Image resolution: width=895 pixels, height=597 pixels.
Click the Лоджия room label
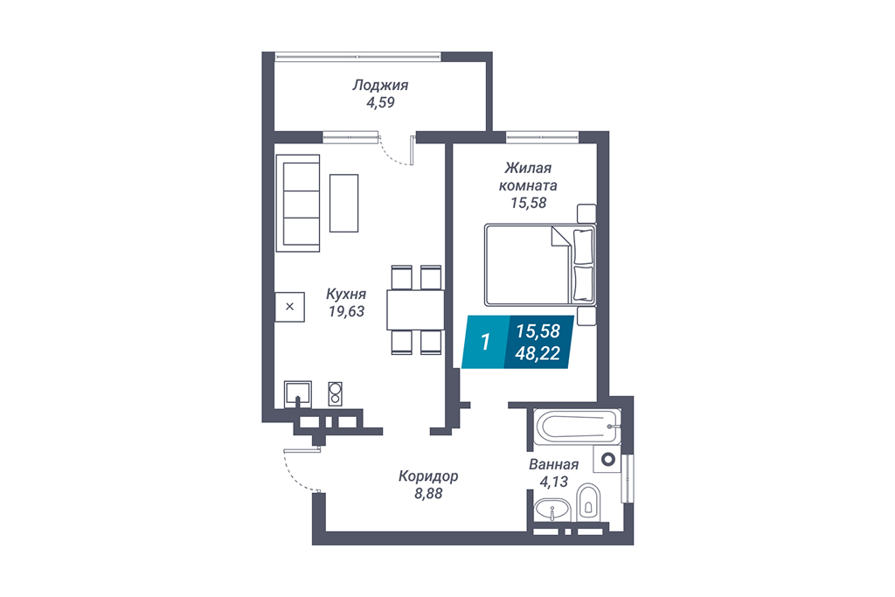point(380,86)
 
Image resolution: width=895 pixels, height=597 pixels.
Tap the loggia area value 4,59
point(381,103)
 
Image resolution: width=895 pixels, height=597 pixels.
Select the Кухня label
point(346,295)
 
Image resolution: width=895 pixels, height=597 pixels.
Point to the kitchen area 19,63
point(346,312)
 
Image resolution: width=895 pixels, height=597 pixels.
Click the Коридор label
point(428,476)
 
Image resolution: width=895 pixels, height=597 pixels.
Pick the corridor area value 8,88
point(428,494)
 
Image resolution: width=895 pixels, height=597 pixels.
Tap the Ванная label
point(553,465)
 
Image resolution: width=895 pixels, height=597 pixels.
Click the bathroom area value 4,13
point(553,482)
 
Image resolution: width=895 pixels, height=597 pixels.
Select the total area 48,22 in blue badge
point(538,354)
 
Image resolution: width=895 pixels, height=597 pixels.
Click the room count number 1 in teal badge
point(485,342)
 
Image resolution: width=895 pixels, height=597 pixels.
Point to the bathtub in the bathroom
point(577,427)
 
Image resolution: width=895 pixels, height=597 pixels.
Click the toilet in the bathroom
point(588,503)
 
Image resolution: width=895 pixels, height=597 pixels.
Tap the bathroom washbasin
point(552,510)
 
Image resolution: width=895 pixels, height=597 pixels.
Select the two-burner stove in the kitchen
point(335,393)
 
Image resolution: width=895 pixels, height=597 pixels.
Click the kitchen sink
point(298,394)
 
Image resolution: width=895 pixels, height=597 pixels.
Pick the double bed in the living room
point(540,264)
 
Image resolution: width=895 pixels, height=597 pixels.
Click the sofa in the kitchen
point(297,203)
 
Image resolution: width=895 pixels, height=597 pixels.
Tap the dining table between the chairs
point(415,310)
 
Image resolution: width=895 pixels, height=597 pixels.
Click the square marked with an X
point(289,307)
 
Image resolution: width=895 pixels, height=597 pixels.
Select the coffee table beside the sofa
point(344,203)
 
